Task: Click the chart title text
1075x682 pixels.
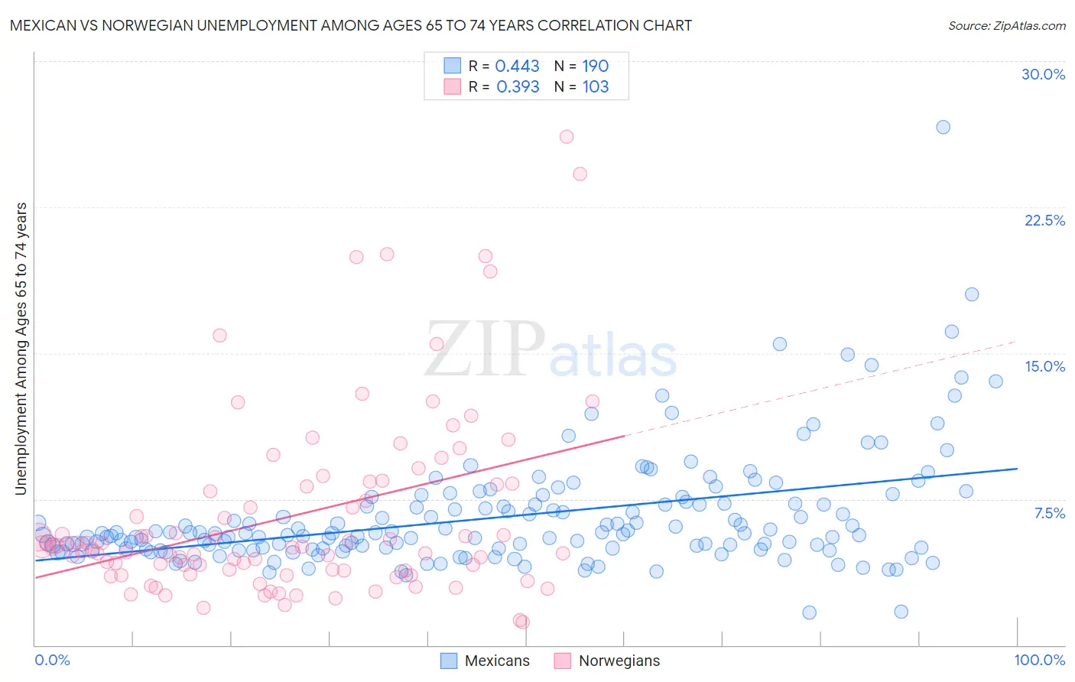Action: pos(351,25)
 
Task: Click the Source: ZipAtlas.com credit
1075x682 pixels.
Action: pos(1006,25)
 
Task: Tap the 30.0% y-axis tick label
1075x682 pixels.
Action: pos(1043,74)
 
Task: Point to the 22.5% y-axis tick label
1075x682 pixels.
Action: pos(1044,220)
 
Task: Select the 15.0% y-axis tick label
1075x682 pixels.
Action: pos(1044,366)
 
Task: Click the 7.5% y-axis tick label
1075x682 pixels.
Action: pos(1049,513)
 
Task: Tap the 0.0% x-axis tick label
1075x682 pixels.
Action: pos(52,660)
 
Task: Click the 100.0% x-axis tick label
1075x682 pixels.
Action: pos(1039,660)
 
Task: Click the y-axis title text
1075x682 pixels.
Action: pos(21,349)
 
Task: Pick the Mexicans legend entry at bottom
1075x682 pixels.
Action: pos(486,661)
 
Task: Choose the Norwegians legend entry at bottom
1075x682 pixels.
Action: pos(607,661)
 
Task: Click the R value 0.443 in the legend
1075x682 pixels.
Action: pos(517,66)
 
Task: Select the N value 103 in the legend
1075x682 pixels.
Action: pos(596,86)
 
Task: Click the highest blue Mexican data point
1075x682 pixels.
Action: pos(943,127)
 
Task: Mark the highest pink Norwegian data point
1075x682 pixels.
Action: pos(567,137)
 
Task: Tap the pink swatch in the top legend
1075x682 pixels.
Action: pos(452,86)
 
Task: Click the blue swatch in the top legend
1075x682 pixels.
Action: pos(452,66)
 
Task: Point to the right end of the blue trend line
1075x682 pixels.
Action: pos(1017,468)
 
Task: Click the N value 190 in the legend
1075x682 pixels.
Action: pos(596,66)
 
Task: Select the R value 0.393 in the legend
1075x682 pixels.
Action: pos(518,86)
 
